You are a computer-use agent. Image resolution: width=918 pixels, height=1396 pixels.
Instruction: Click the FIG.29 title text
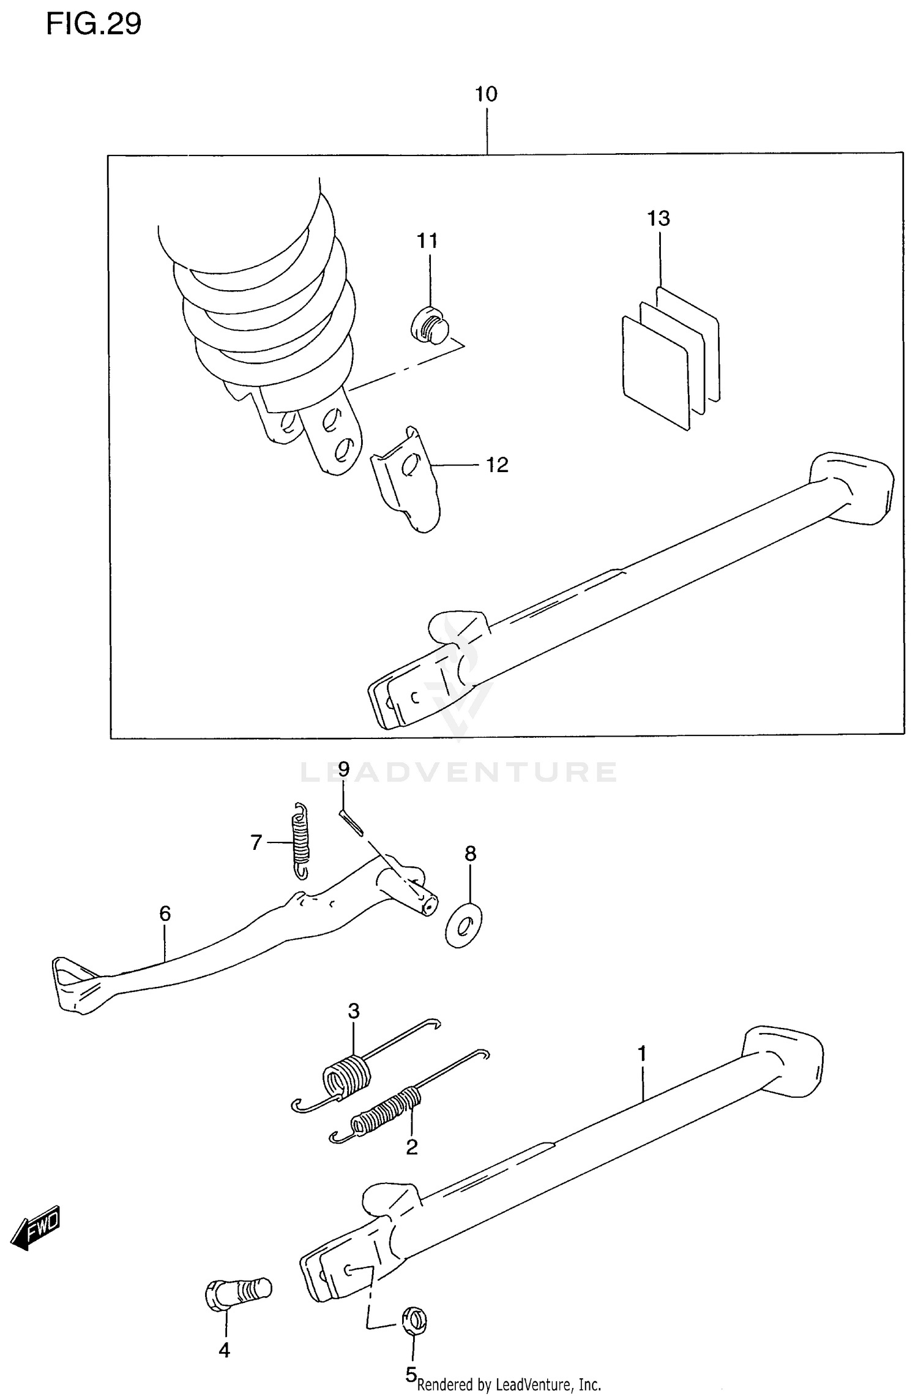[x=94, y=24]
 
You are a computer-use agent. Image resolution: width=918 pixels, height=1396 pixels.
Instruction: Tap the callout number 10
[x=486, y=94]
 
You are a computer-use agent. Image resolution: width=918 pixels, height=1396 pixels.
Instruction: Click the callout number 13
[x=659, y=219]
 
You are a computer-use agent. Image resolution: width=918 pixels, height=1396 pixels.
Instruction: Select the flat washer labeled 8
[x=463, y=925]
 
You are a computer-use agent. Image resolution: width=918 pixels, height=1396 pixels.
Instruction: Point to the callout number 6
[x=165, y=914]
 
